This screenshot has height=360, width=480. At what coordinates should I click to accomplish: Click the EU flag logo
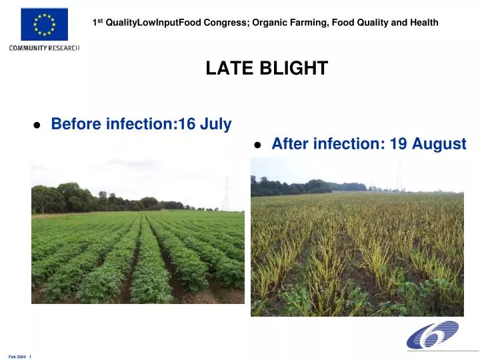coord(44,25)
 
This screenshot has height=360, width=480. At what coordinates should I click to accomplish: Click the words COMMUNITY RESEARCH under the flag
coord(44,48)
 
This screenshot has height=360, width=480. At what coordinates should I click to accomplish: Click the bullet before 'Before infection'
coord(37,125)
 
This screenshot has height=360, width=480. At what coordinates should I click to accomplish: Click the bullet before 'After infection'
coord(258,145)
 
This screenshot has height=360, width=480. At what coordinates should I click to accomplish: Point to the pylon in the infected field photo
coord(400,177)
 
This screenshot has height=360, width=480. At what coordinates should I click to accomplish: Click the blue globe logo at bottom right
coord(433,335)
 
